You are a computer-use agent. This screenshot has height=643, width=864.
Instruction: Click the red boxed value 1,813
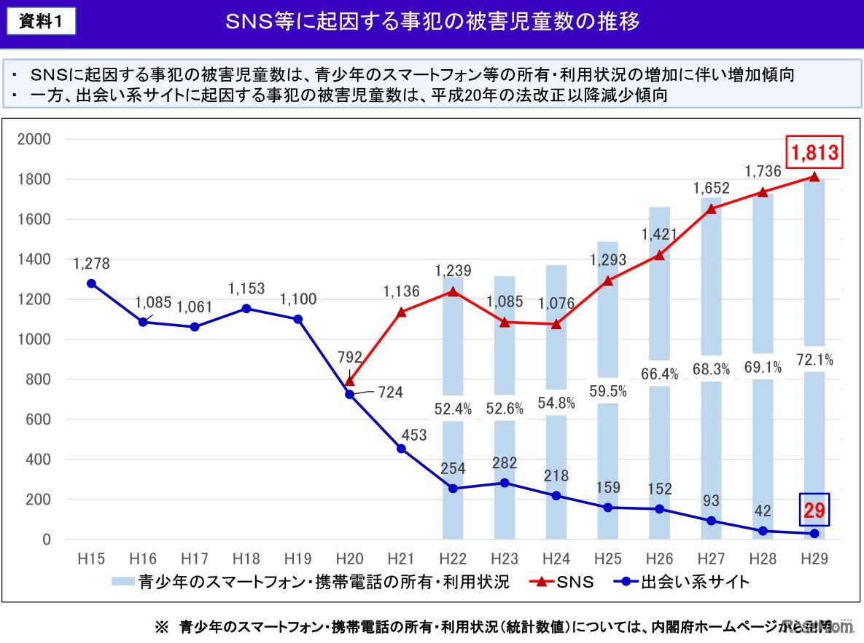click(814, 153)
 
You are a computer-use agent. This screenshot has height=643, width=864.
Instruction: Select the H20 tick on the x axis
click(349, 559)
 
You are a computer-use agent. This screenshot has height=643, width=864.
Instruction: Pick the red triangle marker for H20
click(349, 380)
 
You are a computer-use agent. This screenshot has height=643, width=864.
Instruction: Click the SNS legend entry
click(574, 581)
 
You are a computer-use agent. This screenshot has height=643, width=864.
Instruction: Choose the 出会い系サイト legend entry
click(695, 581)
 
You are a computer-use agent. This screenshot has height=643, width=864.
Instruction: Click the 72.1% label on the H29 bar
click(814, 359)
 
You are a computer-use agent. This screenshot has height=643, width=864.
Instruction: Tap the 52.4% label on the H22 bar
click(452, 409)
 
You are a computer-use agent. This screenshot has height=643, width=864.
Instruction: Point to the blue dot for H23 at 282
click(505, 483)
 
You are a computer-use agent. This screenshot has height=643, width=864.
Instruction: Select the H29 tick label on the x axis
click(814, 559)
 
